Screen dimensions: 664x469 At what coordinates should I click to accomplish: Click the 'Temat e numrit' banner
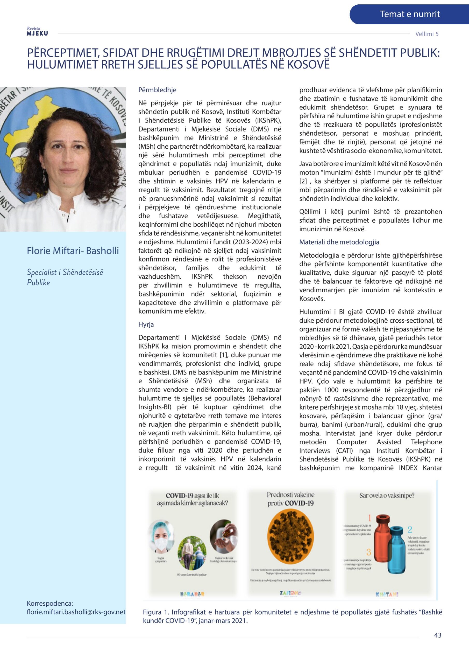[x=409, y=14]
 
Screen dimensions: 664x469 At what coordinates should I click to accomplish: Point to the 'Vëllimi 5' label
[x=427, y=34]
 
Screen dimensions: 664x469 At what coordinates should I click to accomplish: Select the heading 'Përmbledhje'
[x=157, y=90]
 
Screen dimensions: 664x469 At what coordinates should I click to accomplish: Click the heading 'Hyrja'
[x=146, y=324]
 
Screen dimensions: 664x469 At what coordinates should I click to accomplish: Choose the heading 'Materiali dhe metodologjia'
[x=339, y=242]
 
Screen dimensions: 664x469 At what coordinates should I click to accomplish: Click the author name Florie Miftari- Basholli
[x=73, y=251]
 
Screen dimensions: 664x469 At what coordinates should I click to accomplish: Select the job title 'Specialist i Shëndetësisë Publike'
[x=65, y=277]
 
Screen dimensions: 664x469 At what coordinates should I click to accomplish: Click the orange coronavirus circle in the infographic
[x=290, y=534]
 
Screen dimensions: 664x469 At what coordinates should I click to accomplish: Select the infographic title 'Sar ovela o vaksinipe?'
[x=387, y=495]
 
